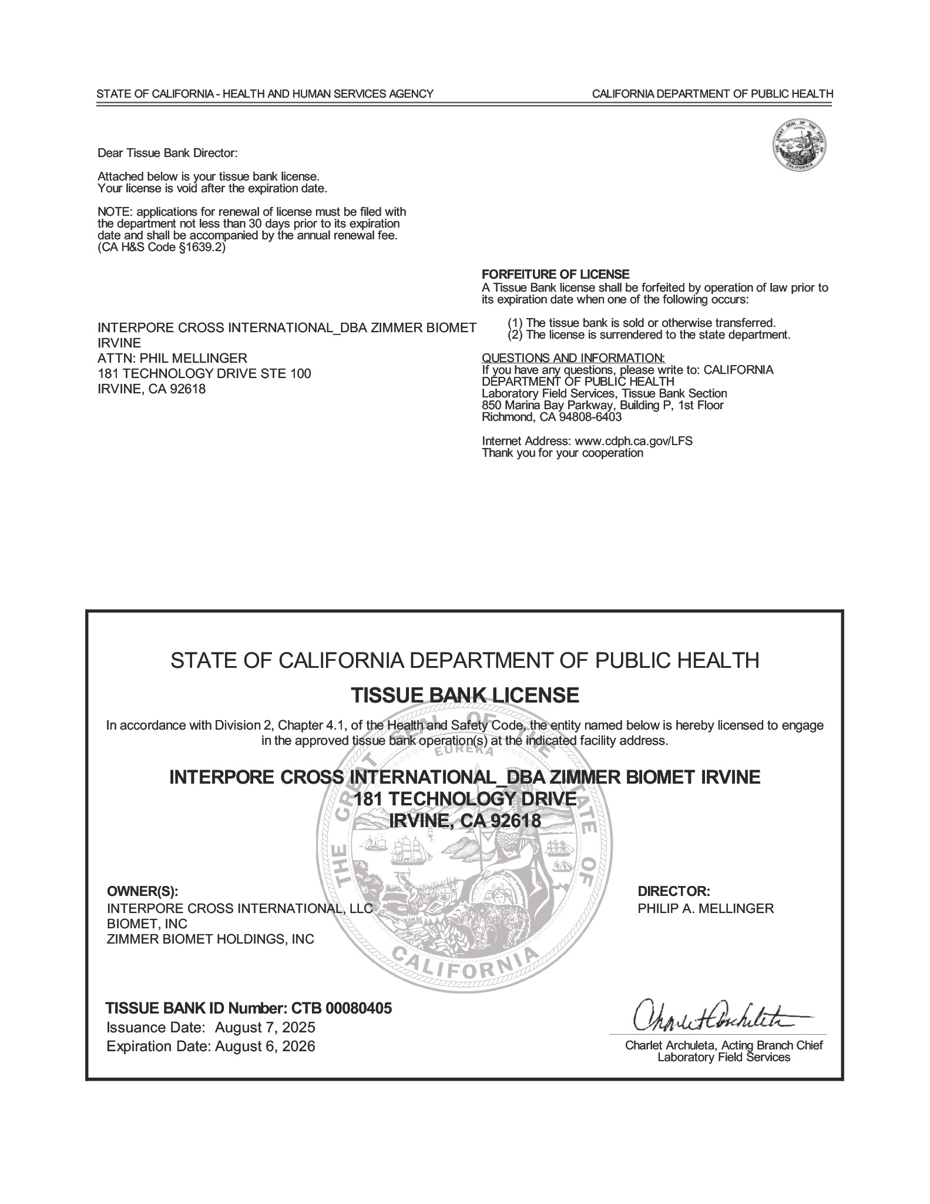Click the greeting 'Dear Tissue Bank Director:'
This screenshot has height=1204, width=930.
coord(167,153)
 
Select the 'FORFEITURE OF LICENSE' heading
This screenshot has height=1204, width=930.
coord(555,274)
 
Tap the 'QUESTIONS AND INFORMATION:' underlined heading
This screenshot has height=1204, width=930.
coord(573,358)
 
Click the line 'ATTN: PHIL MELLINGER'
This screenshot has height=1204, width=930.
coord(172,358)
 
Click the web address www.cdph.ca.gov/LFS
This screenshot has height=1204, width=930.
coord(633,441)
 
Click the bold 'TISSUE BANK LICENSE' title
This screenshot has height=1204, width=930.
coord(465,695)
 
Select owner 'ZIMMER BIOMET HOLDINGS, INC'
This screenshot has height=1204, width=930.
coord(210,939)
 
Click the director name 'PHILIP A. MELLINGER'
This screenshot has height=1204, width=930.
coord(706,908)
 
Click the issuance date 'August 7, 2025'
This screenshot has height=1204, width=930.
coord(265,1028)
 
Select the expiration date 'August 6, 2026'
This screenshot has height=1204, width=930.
coord(265,1046)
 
